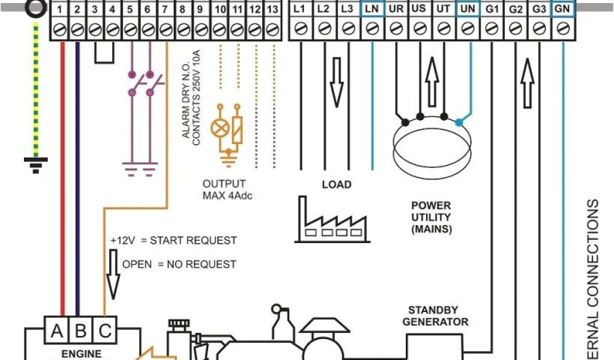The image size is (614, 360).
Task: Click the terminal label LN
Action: click(x=371, y=9)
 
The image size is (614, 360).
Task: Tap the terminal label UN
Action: click(x=467, y=9)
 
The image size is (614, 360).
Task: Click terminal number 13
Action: click(x=272, y=10)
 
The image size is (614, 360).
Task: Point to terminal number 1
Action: click(x=59, y=10)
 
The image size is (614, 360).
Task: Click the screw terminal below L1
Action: click(x=301, y=28)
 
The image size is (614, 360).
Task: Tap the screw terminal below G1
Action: click(x=491, y=28)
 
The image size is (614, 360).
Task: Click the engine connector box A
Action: click(x=56, y=331)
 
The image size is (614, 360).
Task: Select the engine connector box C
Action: click(x=104, y=331)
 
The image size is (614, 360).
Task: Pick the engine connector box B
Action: click(x=80, y=331)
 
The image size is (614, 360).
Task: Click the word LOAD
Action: click(x=336, y=184)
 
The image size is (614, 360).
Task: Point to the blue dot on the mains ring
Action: click(x=459, y=122)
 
